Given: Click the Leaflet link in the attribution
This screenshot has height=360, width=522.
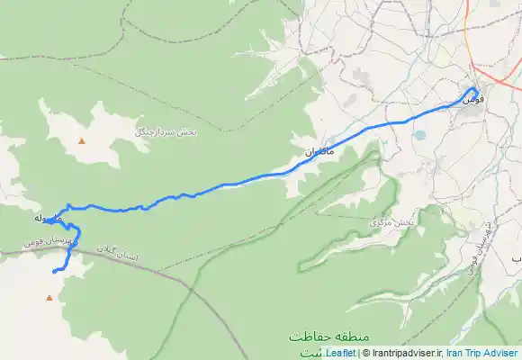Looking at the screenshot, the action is (x=340, y=354).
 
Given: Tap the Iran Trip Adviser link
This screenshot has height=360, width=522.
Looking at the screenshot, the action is (x=482, y=354).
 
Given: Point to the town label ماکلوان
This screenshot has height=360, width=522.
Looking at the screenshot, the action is (x=318, y=152).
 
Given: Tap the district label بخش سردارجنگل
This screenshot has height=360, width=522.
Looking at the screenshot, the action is (x=166, y=131).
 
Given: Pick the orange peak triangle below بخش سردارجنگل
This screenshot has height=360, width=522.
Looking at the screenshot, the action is (x=83, y=141).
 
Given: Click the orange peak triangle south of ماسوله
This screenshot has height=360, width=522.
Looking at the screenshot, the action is (x=49, y=296).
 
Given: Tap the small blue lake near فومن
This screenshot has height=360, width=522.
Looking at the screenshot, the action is (x=419, y=136).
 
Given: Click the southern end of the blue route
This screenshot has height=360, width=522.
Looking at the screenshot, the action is (x=54, y=271).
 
